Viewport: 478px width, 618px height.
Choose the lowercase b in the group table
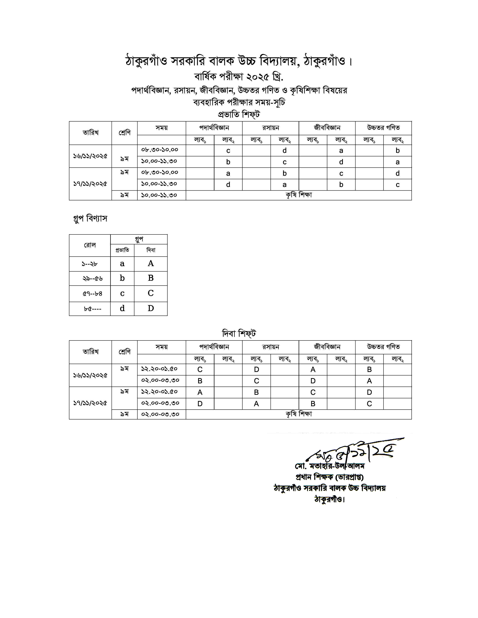coord(122,278)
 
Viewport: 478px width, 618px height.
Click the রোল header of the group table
coord(89,245)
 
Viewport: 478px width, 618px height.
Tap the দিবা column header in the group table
coord(151,250)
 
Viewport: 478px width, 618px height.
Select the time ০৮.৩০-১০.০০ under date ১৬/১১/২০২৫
coord(160,150)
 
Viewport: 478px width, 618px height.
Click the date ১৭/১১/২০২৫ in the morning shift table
coord(90,184)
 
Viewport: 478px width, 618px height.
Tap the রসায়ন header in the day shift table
coord(270,347)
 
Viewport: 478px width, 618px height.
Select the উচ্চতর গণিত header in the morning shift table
coord(383,128)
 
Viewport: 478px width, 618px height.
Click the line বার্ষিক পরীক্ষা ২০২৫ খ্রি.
coord(238,76)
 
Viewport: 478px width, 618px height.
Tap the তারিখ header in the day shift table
coord(90,352)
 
